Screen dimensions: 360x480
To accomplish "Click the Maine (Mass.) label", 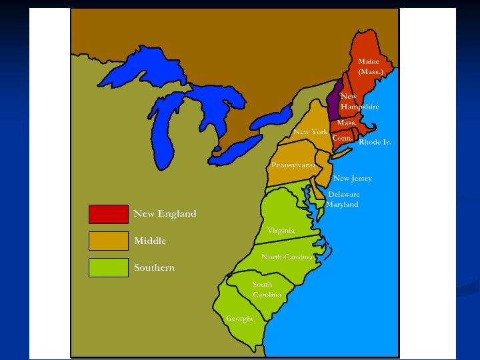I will (371, 66).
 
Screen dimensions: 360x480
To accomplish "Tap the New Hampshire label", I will (359, 101).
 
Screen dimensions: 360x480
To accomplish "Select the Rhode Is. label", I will (375, 142).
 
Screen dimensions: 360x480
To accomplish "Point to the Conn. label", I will (342, 137).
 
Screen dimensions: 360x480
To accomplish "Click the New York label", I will (311, 132).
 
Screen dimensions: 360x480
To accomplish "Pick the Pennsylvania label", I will (293, 165).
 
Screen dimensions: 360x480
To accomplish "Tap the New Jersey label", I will (353, 178).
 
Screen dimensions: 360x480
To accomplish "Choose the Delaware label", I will (343, 194).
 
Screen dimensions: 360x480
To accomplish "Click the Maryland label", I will (342, 204).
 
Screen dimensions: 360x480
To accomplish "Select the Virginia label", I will (281, 230).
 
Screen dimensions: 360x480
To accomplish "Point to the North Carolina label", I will (287, 257).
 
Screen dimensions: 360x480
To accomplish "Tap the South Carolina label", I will (266, 289).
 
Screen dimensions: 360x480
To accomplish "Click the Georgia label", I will (239, 318).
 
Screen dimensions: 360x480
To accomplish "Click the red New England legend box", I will (108, 214).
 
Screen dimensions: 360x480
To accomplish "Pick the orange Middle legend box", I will (108, 241).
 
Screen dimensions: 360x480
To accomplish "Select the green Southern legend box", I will (108, 267).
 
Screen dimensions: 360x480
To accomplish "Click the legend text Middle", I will (150, 241).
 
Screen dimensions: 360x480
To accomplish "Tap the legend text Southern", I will (154, 267).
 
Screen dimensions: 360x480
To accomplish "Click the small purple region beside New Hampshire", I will (335, 101).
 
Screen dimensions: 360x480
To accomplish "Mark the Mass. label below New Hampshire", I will (347, 123).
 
